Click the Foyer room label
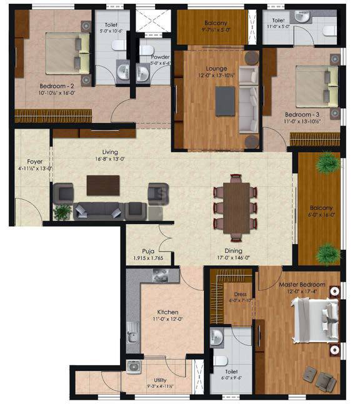point(26,160)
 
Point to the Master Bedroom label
point(302,285)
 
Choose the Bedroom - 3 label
point(303,116)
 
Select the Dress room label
point(239,294)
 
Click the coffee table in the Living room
point(103,185)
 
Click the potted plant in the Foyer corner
point(62,212)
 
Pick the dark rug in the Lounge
point(225,101)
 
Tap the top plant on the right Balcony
point(324,164)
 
